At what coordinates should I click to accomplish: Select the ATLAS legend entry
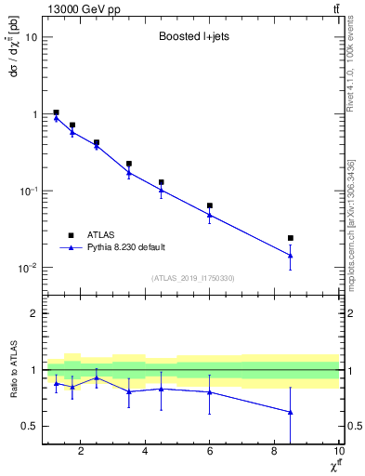click(103, 235)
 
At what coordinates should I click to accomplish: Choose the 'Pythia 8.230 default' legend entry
click(125, 247)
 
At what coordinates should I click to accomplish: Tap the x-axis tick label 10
click(337, 452)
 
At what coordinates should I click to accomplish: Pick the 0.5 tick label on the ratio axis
click(29, 427)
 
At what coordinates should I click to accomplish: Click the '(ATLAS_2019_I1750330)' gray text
click(192, 278)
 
